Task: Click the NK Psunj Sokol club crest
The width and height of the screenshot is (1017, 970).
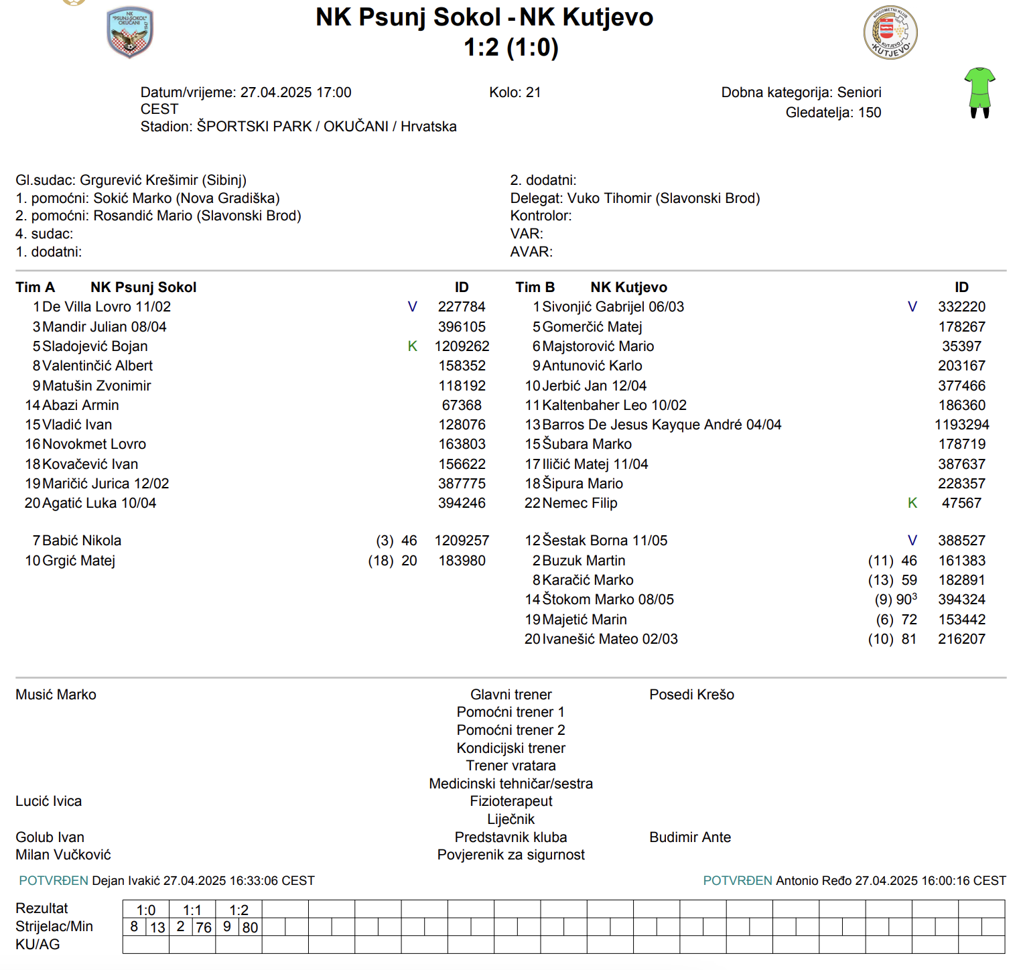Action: [130, 32]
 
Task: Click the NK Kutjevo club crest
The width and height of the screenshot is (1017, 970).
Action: [890, 33]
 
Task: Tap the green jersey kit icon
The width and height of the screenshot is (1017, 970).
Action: [979, 92]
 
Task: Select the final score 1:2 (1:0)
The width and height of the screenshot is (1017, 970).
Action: [511, 48]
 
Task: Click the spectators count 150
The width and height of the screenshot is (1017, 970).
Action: [870, 113]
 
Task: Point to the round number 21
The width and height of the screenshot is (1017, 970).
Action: [533, 92]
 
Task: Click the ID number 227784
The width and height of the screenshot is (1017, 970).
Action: [462, 307]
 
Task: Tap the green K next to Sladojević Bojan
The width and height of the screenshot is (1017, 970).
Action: [412, 346]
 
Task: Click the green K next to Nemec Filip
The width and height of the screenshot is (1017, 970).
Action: [912, 503]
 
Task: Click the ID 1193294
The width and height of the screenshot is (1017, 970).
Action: [961, 425]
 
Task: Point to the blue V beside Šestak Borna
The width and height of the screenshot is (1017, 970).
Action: [912, 541]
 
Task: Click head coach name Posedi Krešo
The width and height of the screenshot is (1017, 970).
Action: [691, 695]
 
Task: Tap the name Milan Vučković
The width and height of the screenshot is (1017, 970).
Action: [63, 855]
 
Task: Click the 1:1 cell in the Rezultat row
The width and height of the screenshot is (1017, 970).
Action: [192, 910]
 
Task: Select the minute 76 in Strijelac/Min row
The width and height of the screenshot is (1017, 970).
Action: [204, 928]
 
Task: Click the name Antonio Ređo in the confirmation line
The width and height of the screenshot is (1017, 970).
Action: [813, 881]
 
